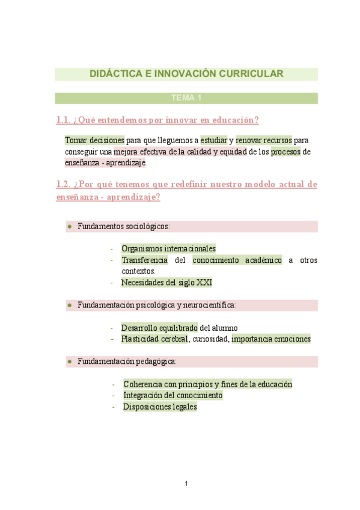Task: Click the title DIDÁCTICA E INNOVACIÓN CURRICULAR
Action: point(186,74)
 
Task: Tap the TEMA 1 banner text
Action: point(186,98)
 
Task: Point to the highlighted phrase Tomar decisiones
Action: point(94,140)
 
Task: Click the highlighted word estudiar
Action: point(213,140)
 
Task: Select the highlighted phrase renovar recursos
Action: point(264,140)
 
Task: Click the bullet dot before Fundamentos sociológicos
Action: point(70,227)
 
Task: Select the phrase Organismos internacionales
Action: point(168,248)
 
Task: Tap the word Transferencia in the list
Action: point(144,260)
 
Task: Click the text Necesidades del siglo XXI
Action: point(166,282)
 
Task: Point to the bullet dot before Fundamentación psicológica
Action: point(70,306)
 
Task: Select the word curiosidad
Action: point(210,339)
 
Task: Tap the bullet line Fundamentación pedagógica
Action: point(127,361)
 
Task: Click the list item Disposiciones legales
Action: point(160,407)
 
